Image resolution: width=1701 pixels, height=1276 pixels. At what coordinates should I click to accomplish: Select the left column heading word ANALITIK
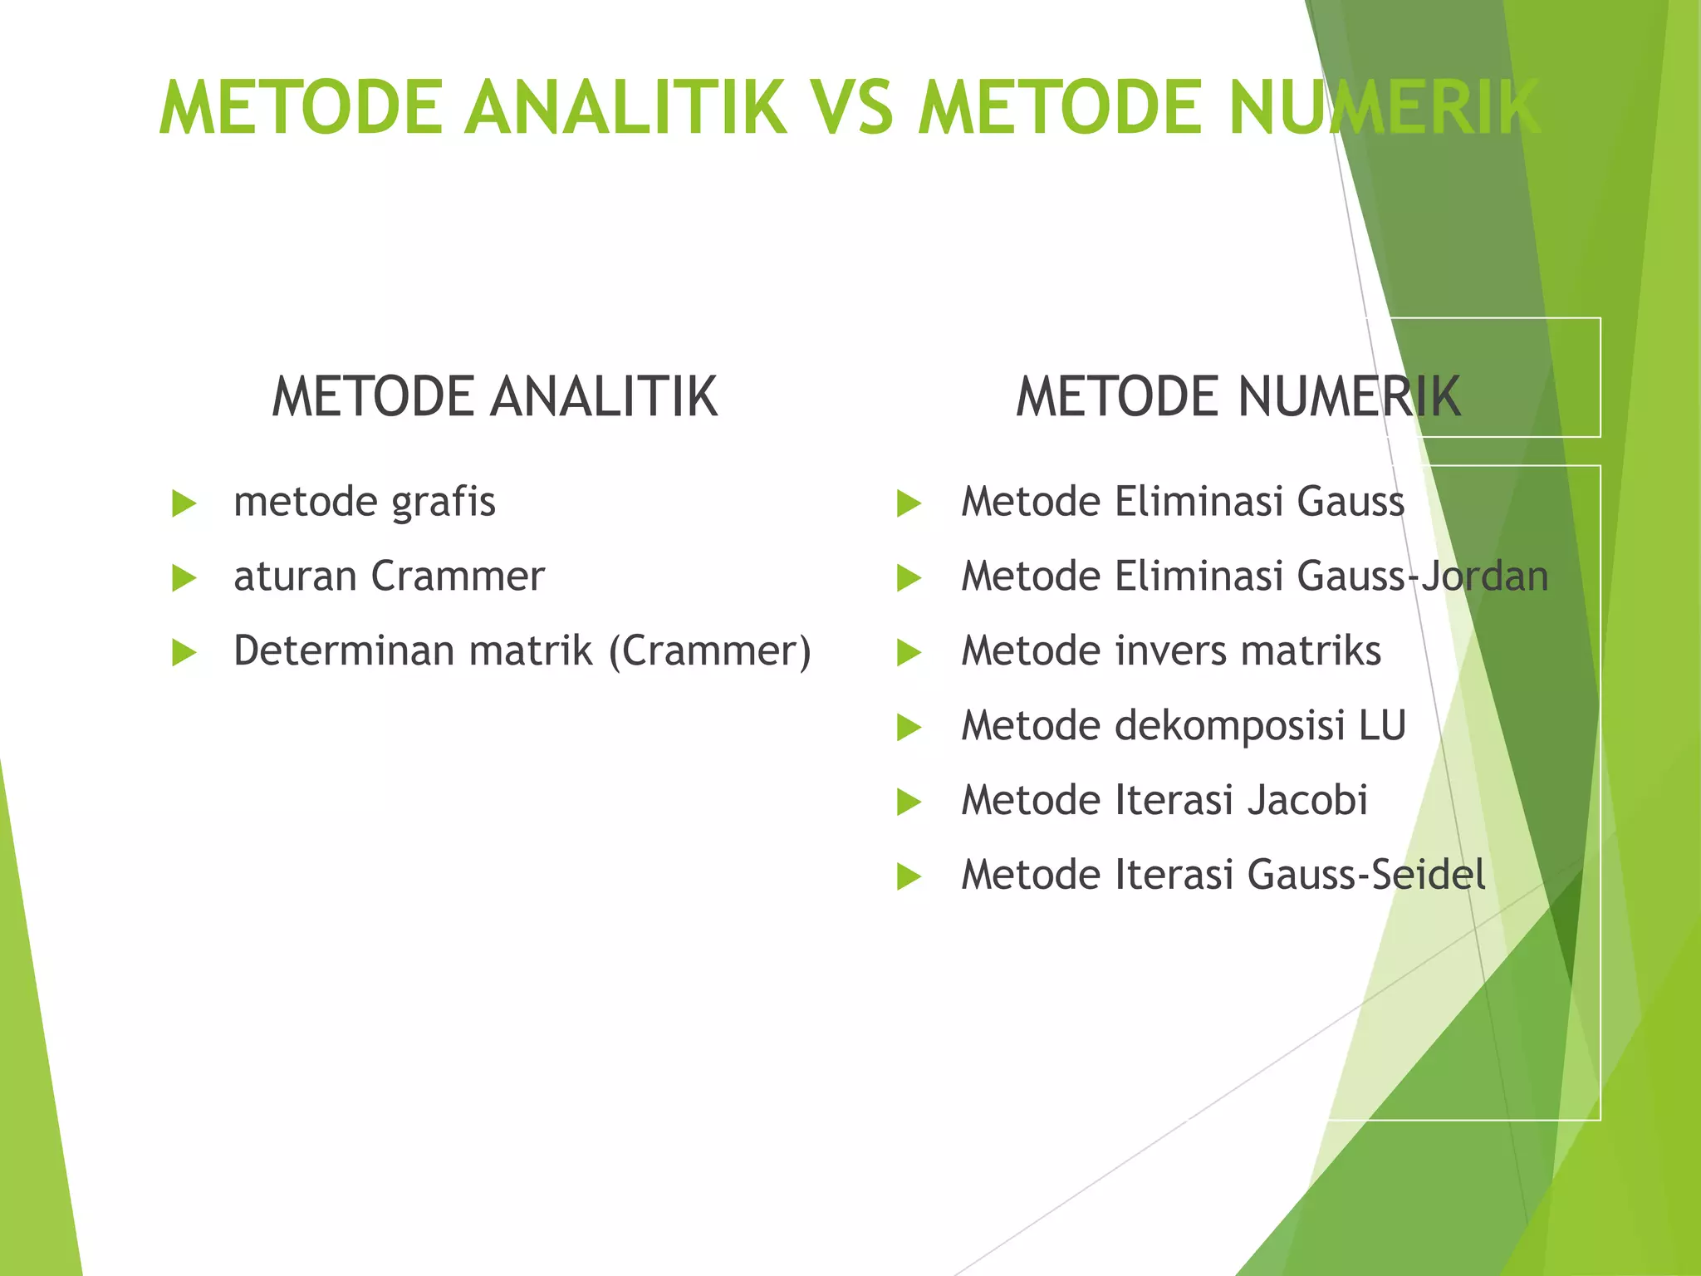tap(604, 396)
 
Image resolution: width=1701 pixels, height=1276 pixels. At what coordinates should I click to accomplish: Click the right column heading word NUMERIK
tap(1349, 396)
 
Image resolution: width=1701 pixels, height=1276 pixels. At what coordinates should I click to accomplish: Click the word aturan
tap(296, 576)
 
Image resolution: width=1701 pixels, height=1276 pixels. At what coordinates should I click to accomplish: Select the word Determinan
tap(345, 650)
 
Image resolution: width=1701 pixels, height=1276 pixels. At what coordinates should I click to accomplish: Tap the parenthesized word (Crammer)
tap(709, 650)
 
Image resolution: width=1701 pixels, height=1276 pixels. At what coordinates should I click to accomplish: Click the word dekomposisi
tap(1229, 725)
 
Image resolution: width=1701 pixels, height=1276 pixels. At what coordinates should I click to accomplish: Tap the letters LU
tap(1382, 725)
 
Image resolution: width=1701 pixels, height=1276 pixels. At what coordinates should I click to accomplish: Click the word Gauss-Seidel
tap(1366, 875)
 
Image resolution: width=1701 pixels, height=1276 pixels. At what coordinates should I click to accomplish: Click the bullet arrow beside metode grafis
tap(184, 503)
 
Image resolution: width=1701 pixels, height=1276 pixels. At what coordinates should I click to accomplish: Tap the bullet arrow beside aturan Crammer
tap(184, 578)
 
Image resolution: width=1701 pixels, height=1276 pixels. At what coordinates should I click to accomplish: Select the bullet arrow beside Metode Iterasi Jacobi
tap(909, 802)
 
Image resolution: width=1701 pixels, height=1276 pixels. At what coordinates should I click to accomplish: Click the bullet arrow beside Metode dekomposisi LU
tap(909, 728)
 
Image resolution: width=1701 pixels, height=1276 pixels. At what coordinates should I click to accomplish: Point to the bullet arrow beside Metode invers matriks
tap(909, 653)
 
